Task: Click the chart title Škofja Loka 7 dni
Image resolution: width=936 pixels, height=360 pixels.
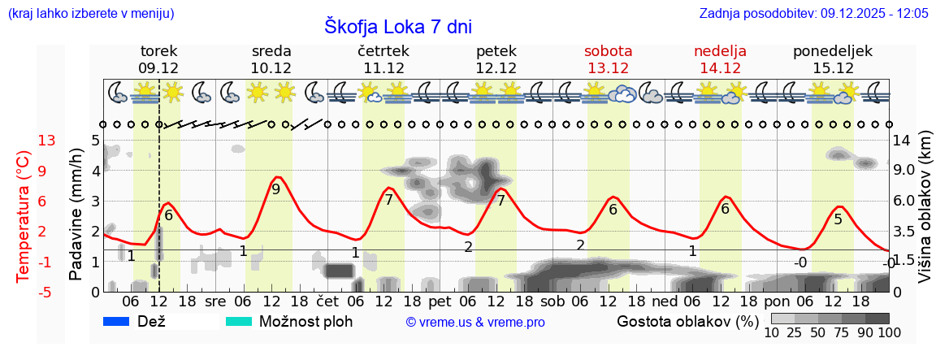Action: point(398,26)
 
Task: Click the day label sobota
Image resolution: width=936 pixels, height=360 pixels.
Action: point(608,51)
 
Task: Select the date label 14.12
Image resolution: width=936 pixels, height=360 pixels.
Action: point(720,68)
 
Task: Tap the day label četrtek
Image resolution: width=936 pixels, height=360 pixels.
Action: point(383,51)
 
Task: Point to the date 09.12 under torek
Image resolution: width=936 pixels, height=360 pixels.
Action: point(158,68)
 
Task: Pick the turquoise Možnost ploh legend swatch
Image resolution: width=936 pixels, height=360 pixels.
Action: point(239,321)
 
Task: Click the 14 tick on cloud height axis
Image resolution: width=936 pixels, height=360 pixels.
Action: point(903,141)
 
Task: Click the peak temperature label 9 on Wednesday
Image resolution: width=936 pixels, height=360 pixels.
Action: point(275,189)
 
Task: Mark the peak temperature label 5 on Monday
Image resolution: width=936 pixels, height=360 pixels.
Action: point(838,219)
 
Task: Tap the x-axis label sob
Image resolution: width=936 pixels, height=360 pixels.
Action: point(552,301)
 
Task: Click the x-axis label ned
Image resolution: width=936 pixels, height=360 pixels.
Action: point(665,301)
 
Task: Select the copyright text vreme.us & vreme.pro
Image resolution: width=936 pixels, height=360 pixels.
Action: point(475,322)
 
